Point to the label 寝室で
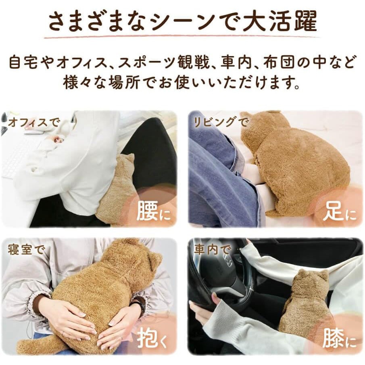pyautogui.click(x=24, y=249)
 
